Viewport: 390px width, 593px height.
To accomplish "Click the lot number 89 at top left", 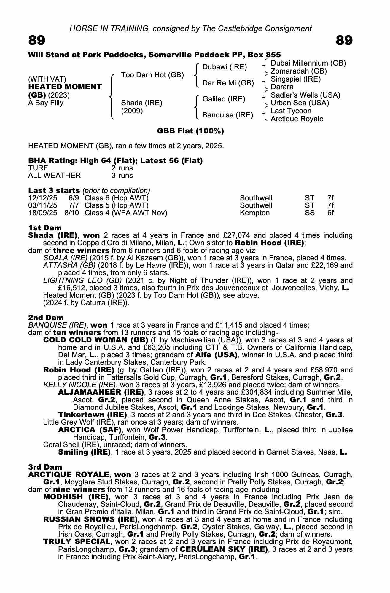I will (x=37, y=40).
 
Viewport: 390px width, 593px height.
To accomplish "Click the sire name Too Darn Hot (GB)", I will (x=152, y=75).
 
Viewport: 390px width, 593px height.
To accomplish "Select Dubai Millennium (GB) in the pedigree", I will (x=308, y=63).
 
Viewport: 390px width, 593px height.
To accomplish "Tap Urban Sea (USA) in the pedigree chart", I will (x=300, y=103).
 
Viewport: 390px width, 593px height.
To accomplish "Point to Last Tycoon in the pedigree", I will (x=291, y=111).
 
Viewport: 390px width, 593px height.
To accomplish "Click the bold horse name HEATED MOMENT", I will (x=65, y=87).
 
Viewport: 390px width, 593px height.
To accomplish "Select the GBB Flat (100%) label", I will (x=190, y=131).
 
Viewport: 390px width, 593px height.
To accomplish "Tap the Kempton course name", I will (x=255, y=213).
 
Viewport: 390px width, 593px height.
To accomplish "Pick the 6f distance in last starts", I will (x=330, y=213).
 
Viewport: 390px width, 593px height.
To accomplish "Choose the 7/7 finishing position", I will (x=74, y=205).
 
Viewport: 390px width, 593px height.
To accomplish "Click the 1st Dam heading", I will (x=45, y=228).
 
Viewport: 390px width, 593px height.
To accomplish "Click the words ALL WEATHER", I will (x=54, y=176).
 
